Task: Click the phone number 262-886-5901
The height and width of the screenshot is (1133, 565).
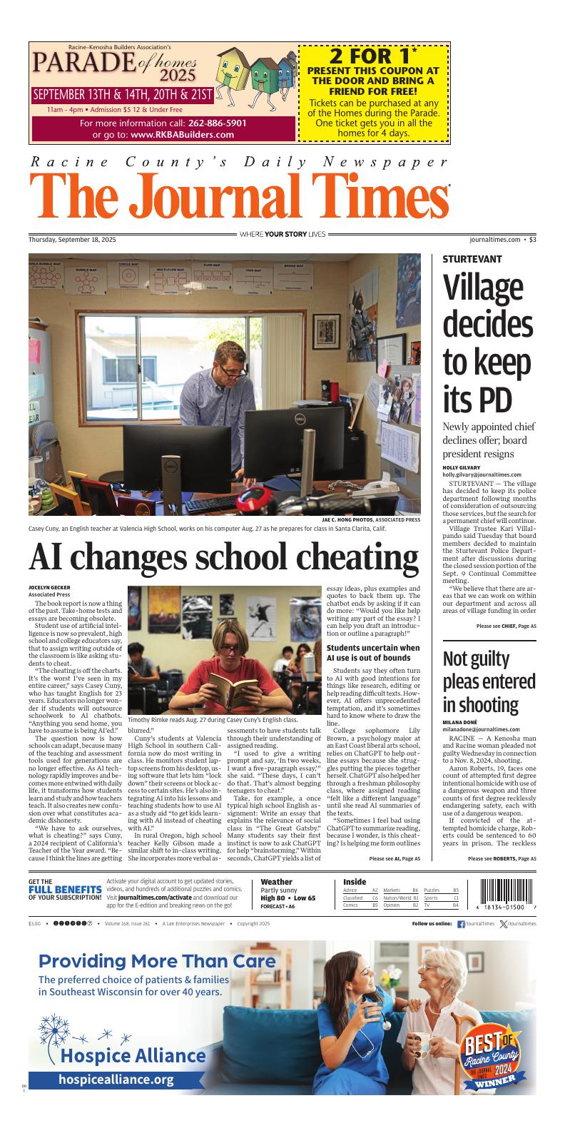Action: point(217,123)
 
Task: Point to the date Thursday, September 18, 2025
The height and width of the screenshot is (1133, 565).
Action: point(72,240)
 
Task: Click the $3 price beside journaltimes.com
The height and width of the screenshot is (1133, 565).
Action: point(532,240)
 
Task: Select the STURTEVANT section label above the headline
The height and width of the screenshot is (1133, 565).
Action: point(472,259)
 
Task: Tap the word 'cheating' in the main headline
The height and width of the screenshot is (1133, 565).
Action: point(337,559)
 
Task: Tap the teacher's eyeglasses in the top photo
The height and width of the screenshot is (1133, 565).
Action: point(233,370)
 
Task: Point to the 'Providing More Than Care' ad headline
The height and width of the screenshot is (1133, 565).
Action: point(157,961)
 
